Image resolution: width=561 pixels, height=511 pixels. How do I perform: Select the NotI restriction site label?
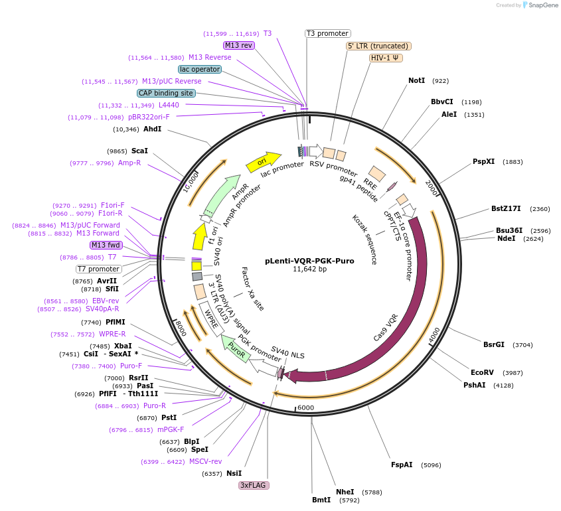[x=416, y=81]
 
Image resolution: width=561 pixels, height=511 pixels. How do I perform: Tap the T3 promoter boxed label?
[x=328, y=33]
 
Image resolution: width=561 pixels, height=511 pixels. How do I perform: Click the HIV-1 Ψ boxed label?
[x=386, y=58]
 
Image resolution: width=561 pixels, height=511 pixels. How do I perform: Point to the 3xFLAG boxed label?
[x=254, y=485]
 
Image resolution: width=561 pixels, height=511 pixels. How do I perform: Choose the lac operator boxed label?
[x=200, y=69]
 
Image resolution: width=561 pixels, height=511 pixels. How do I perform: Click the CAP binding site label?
[x=167, y=93]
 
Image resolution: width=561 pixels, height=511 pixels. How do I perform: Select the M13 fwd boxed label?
[x=106, y=245]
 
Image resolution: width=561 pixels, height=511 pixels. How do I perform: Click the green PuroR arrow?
[x=236, y=346]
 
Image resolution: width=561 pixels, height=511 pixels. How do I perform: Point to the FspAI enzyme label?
[x=402, y=465]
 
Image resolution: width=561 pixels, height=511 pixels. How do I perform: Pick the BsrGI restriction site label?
[x=494, y=344]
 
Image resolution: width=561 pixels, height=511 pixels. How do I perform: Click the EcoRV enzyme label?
[x=482, y=372]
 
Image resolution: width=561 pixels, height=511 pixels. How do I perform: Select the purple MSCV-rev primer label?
[x=205, y=461]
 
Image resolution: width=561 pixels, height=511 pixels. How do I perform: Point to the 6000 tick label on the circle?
[x=305, y=407]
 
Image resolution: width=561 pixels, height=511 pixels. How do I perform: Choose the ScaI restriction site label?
[x=139, y=151]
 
